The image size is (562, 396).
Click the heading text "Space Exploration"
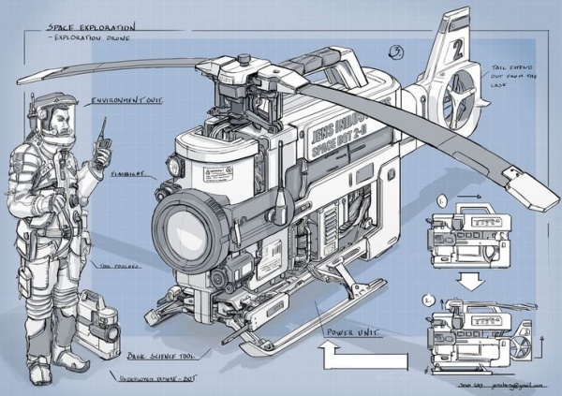click(x=91, y=29)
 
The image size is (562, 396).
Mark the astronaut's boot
click(x=39, y=372)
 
